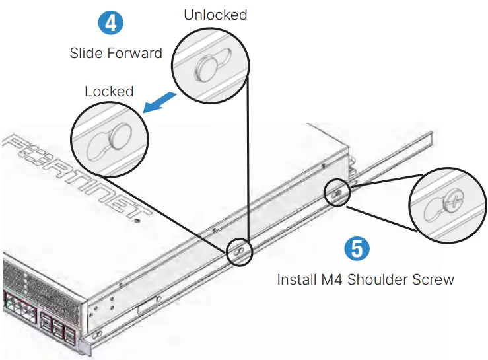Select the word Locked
pos(109,91)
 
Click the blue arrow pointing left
pos(161,102)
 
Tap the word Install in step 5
pos(296,279)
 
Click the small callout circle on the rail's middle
pos(239,252)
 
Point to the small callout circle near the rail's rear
pos(337,193)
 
